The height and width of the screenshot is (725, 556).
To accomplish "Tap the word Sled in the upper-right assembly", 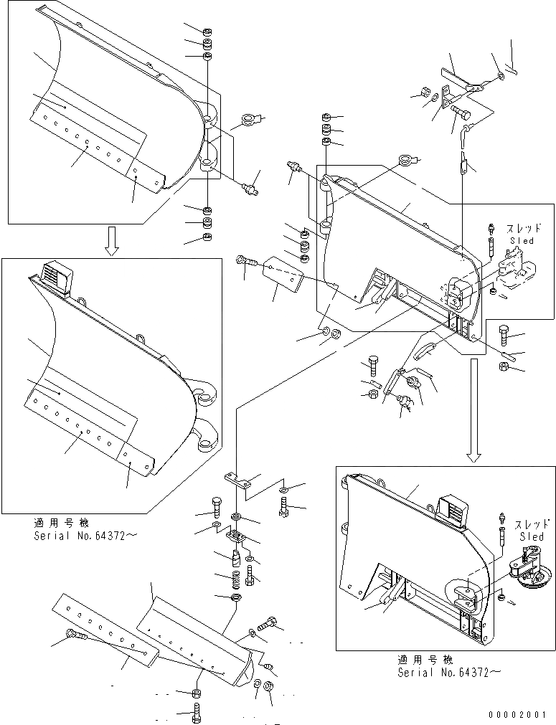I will tap(522, 241).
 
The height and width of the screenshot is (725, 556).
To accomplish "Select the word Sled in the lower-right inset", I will tap(531, 536).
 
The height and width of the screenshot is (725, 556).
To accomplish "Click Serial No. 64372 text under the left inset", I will tap(85, 535).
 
